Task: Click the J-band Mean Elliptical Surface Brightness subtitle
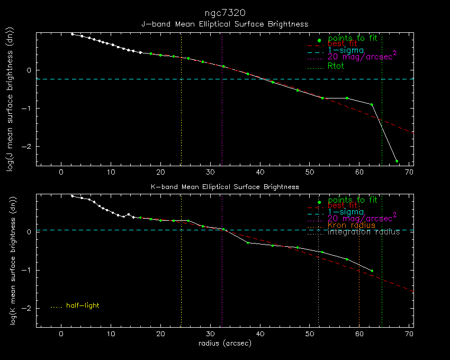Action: click(x=224, y=24)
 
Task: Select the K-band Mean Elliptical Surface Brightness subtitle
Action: click(x=224, y=187)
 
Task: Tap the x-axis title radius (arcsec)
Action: click(x=224, y=343)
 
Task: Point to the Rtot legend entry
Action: click(x=336, y=66)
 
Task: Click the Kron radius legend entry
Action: click(x=352, y=226)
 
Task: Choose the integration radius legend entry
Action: click(x=364, y=232)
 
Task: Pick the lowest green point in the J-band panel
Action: click(x=397, y=161)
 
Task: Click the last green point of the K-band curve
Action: click(x=372, y=271)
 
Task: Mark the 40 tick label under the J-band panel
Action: click(x=260, y=172)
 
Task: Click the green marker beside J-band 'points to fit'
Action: click(x=319, y=41)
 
